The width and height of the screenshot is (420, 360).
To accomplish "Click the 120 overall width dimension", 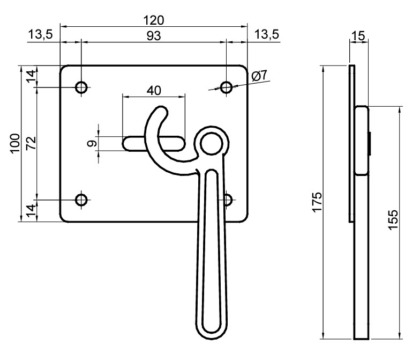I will pos(153,20).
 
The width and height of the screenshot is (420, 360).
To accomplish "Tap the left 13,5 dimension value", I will pos(40,35).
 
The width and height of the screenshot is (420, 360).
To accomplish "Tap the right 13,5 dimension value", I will pos(266,35).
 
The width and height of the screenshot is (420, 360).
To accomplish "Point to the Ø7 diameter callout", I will pos(259,76).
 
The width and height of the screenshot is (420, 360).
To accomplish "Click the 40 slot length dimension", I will pos(154,90).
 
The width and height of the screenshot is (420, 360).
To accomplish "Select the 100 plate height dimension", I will pos(14,143).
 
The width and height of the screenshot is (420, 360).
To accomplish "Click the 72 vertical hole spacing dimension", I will pos(31,143).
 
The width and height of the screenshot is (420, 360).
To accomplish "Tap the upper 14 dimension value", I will pos(31,76).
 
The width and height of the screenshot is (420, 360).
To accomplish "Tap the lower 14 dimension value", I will pos(31,209).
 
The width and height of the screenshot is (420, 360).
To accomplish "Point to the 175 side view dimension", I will pos(317,201).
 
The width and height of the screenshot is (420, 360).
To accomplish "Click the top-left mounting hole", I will pos(81,86).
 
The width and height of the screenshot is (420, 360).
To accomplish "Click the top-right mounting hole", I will pos(227,86).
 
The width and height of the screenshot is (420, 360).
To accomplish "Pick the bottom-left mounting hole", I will pos(81,200).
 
